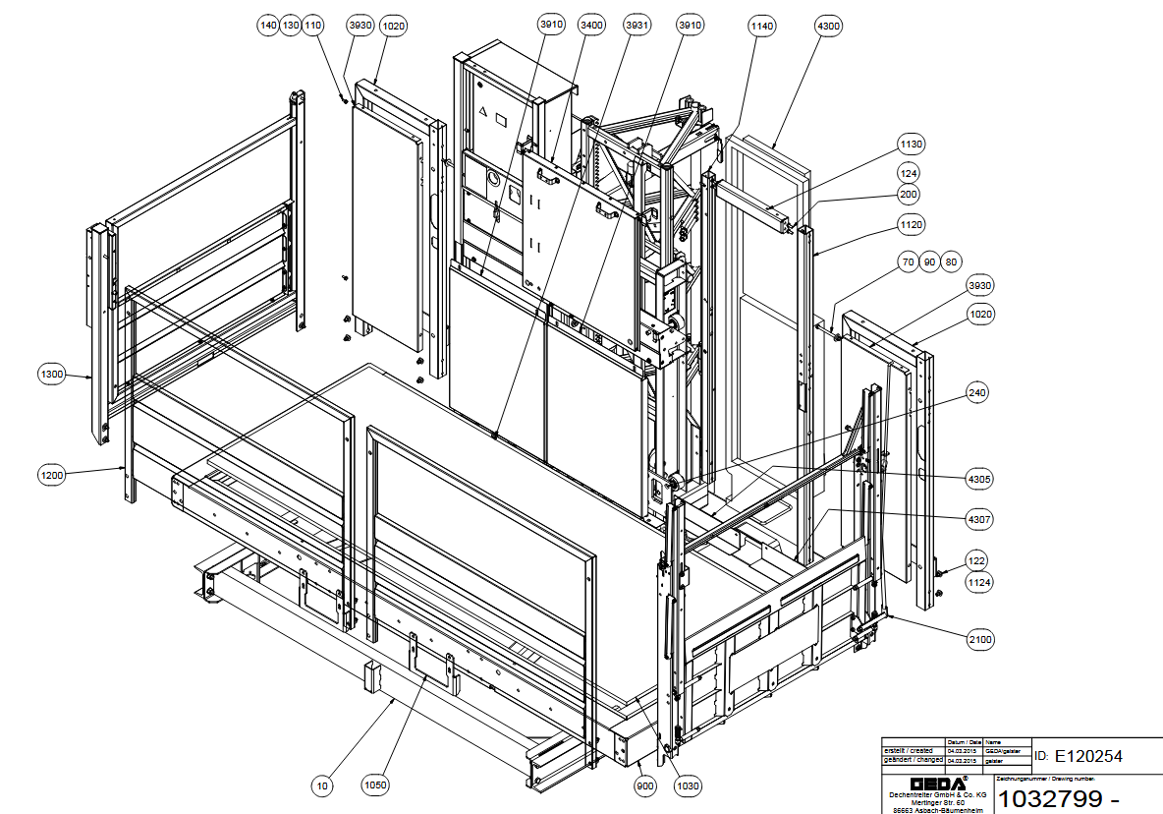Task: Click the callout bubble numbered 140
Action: pyautogui.click(x=268, y=26)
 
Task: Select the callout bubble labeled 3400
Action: pyautogui.click(x=591, y=25)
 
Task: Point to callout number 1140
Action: pyautogui.click(x=761, y=25)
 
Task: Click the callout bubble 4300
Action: pyautogui.click(x=828, y=25)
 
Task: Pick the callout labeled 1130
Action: pyautogui.click(x=912, y=145)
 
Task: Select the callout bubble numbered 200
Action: pyautogui.click(x=909, y=195)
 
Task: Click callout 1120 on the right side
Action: pyautogui.click(x=912, y=225)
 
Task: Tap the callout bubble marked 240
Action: pyautogui.click(x=977, y=392)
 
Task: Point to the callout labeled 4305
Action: pyautogui.click(x=978, y=480)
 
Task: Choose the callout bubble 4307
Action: pyautogui.click(x=978, y=518)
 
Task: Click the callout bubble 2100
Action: pyautogui.click(x=980, y=640)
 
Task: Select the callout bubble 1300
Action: pyautogui.click(x=51, y=374)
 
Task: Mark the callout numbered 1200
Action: pyautogui.click(x=51, y=476)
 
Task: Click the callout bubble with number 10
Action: pyautogui.click(x=321, y=785)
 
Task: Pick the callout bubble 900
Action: pyautogui.click(x=645, y=785)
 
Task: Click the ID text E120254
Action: pyautogui.click(x=1087, y=756)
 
